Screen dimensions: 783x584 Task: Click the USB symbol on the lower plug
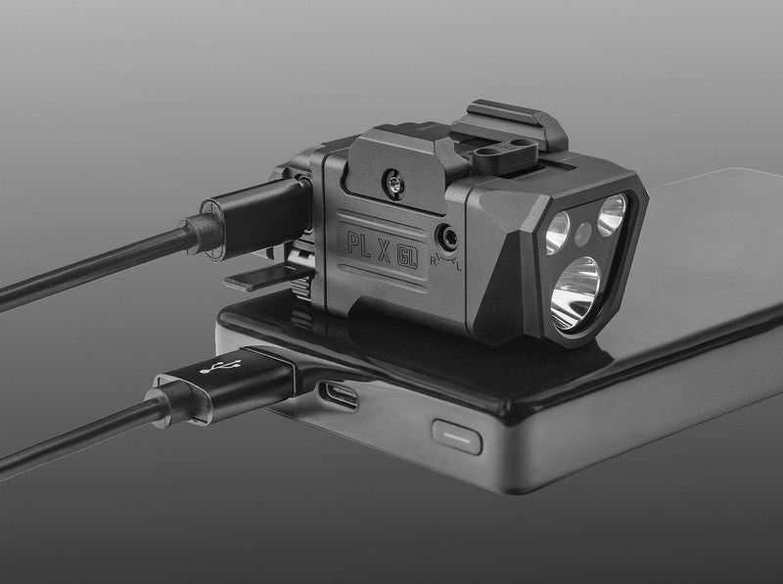[220, 367]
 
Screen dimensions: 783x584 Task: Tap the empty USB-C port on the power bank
[339, 395]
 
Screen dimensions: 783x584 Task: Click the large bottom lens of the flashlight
[575, 293]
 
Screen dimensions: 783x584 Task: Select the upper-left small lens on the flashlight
[557, 232]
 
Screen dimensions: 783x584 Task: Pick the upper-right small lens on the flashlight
[611, 214]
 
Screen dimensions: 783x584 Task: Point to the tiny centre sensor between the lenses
[582, 233]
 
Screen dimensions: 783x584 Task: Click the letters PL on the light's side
[359, 244]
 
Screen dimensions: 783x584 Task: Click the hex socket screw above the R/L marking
[447, 237]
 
